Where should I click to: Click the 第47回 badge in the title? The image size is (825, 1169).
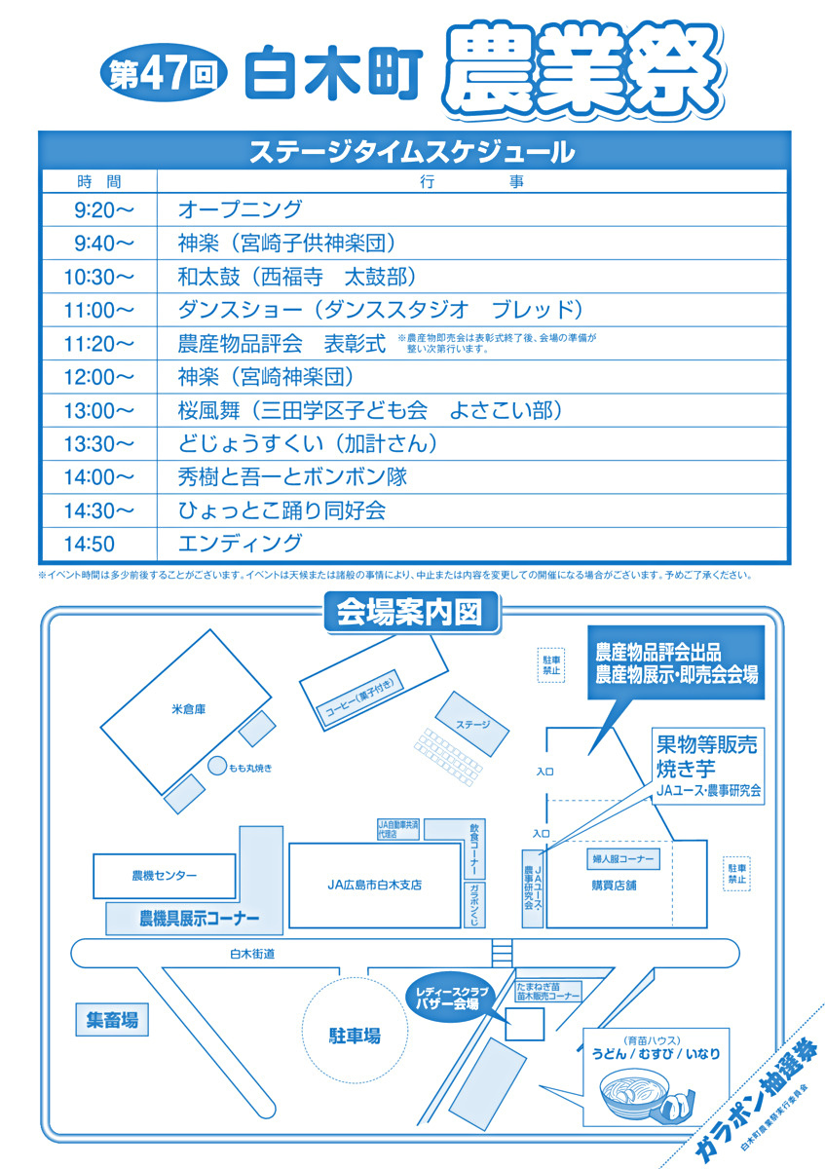(x=165, y=76)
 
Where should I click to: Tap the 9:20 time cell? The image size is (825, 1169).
(x=97, y=210)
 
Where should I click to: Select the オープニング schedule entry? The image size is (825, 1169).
(x=240, y=210)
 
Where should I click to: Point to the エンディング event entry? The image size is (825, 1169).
(x=240, y=544)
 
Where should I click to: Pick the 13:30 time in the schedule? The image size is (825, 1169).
(x=97, y=444)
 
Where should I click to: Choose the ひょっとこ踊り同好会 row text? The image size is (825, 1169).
(x=281, y=510)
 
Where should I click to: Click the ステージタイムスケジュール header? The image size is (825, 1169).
(x=412, y=152)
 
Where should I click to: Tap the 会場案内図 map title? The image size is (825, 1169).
(x=410, y=612)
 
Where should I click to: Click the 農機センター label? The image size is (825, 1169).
(x=164, y=876)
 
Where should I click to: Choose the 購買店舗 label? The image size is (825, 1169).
(x=614, y=886)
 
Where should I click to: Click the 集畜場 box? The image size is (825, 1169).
(x=111, y=1021)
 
